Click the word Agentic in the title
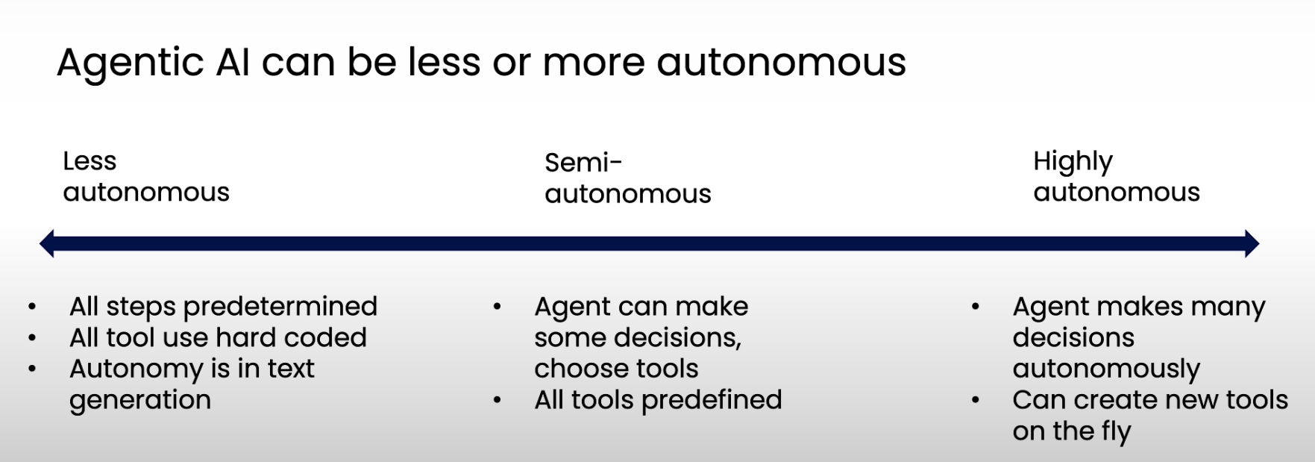130,63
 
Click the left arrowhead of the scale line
47,243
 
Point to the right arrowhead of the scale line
1252,243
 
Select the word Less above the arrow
90,161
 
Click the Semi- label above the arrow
583,163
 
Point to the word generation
140,401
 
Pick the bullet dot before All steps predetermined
32,307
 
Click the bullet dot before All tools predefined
497,400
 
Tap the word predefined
712,400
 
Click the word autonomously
1106,369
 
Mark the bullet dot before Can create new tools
975,400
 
